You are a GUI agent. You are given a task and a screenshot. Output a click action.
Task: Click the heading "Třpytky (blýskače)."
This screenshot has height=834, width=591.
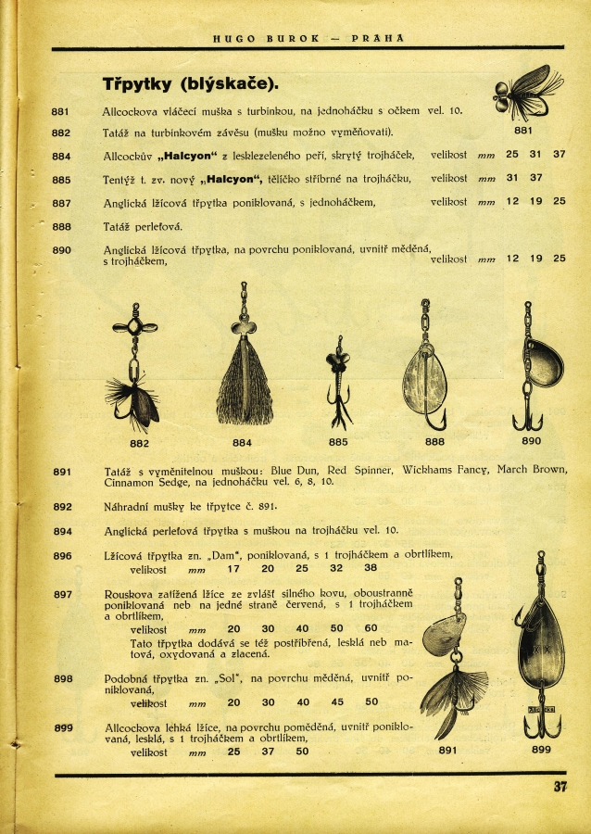190,84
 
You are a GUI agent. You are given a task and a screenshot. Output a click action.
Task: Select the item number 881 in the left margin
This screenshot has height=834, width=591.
61,111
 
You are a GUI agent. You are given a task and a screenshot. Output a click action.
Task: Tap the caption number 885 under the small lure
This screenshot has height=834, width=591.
338,442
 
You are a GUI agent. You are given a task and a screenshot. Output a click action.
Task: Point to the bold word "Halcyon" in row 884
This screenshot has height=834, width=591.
205,155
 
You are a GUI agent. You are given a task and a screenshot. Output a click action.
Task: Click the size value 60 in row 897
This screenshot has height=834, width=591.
371,629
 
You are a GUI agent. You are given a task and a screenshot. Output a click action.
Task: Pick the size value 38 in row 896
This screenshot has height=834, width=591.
371,568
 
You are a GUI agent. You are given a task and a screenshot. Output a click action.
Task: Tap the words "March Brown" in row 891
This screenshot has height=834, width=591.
532,471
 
